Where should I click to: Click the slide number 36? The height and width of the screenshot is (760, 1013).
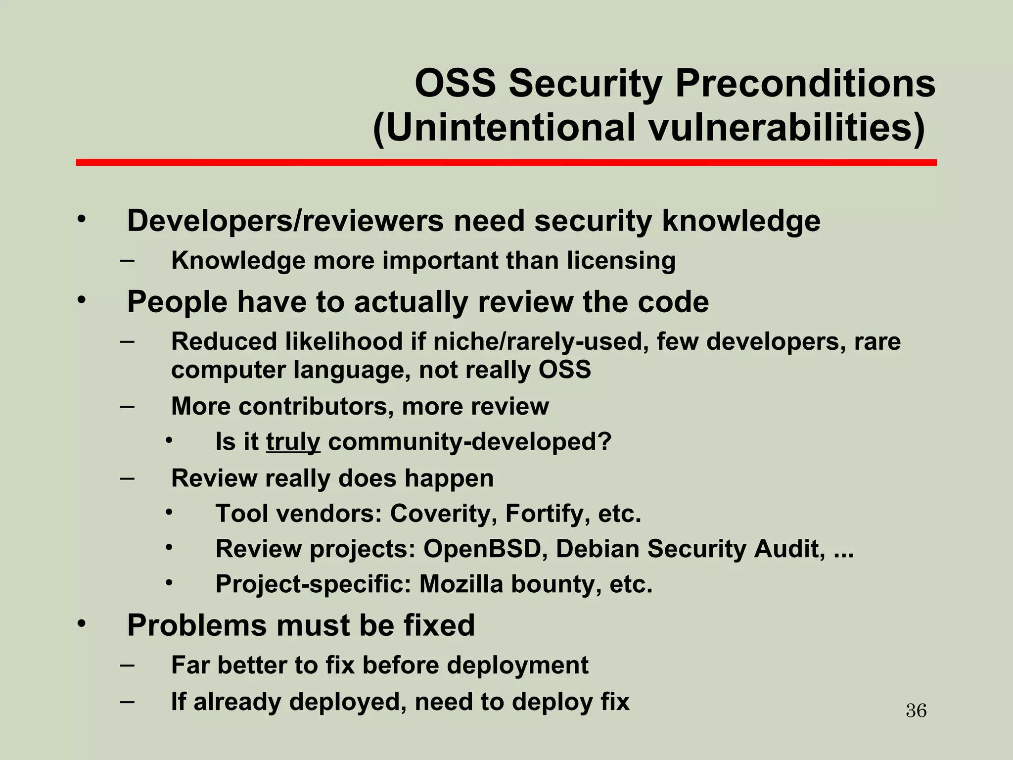pyautogui.click(x=916, y=711)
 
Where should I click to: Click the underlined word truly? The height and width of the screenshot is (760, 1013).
pyautogui.click(x=293, y=442)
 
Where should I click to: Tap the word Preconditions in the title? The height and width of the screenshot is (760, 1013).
pyautogui.click(x=805, y=83)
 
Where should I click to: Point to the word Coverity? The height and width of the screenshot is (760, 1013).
pyautogui.click(x=443, y=514)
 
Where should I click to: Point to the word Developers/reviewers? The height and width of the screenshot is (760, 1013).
pyautogui.click(x=285, y=221)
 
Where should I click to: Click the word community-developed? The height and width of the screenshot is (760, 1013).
pyautogui.click(x=470, y=442)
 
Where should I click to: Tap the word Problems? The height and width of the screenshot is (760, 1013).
pyautogui.click(x=197, y=625)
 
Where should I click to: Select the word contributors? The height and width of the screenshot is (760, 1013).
pyautogui.click(x=316, y=406)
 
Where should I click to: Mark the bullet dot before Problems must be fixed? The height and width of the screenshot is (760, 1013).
pyautogui.click(x=82, y=623)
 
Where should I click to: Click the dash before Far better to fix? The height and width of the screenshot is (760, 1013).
pyautogui.click(x=127, y=665)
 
